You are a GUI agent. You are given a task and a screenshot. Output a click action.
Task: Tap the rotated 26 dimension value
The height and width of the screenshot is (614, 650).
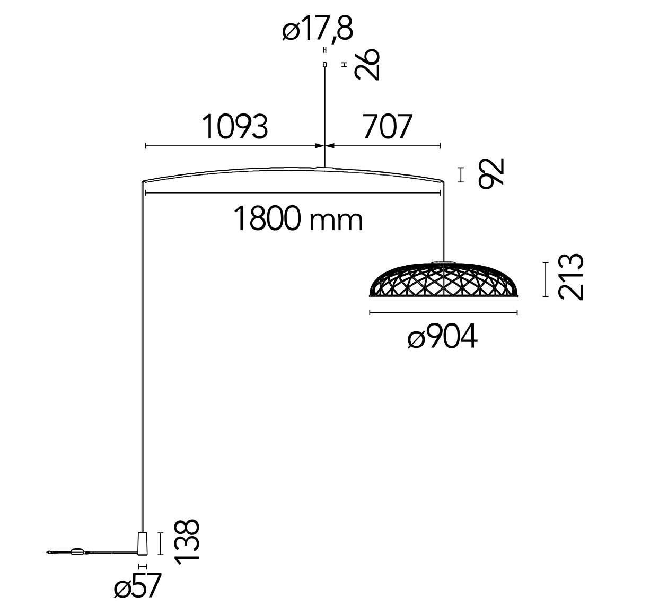(367, 64)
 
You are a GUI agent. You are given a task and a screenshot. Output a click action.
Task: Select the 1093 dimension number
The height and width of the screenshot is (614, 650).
(235, 126)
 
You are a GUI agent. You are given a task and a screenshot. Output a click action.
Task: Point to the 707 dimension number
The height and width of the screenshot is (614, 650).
(387, 126)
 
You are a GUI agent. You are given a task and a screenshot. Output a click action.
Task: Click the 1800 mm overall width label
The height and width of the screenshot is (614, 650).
(298, 218)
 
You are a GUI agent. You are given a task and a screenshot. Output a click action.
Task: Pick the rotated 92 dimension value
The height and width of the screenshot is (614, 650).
(491, 173)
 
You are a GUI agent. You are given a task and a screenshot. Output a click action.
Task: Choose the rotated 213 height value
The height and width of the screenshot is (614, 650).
(571, 277)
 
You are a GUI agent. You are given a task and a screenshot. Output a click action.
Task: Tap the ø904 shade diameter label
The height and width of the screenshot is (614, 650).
(443, 336)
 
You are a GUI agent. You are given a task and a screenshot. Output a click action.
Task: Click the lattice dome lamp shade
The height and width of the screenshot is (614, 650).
(443, 279)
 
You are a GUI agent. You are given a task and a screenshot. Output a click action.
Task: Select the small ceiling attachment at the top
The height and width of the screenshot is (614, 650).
(324, 65)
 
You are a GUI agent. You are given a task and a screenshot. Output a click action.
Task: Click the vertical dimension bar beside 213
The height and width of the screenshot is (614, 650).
(545, 279)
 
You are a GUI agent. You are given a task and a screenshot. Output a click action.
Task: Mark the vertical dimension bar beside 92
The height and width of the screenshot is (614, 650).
(461, 174)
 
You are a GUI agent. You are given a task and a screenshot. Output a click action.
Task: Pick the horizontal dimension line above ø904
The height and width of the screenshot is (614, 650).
(443, 312)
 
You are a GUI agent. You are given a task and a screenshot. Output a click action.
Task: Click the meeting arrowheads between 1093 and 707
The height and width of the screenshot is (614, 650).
(324, 146)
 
